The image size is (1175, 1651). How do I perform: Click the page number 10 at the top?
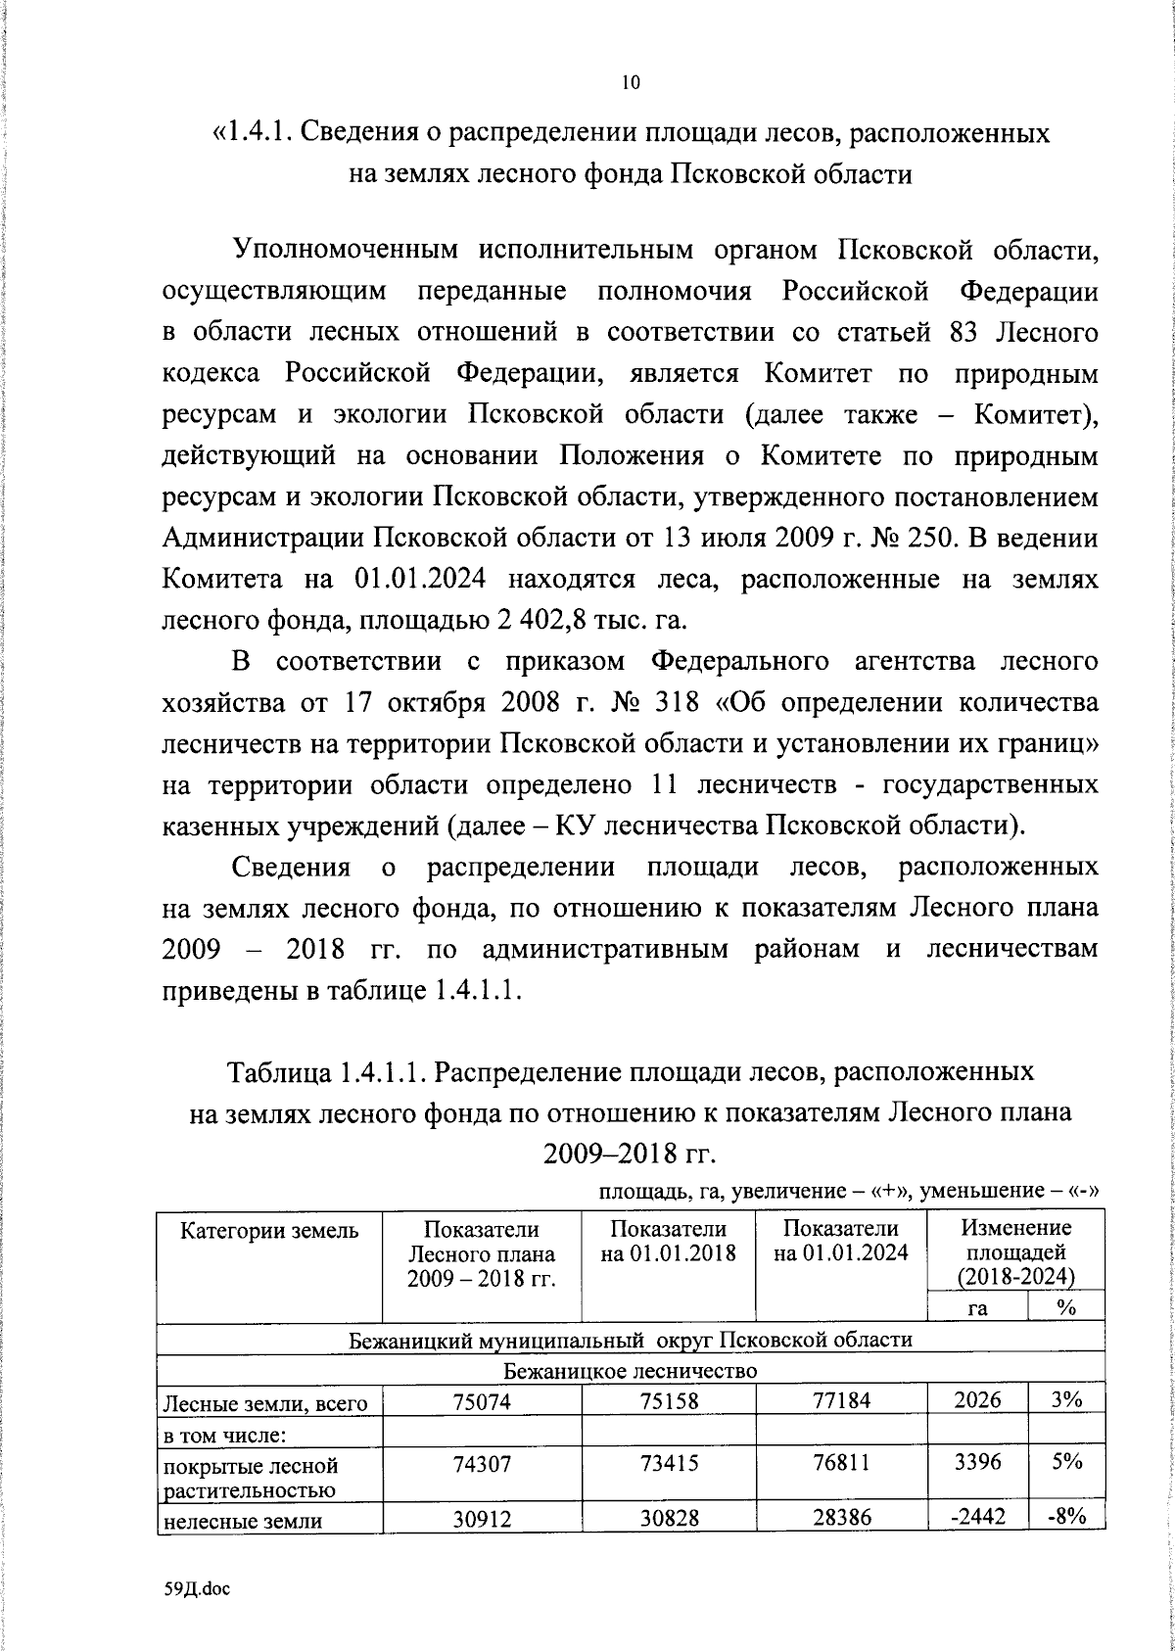[630, 83]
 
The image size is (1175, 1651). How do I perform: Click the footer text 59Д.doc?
[196, 1590]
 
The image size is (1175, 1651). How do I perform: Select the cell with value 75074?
[482, 1401]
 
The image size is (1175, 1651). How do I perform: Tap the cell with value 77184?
[841, 1401]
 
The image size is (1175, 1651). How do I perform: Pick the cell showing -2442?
[977, 1518]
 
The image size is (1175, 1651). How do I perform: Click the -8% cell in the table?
[1066, 1518]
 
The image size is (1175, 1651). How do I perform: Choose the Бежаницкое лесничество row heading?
[631, 1370]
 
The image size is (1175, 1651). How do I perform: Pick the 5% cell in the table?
[1066, 1462]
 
